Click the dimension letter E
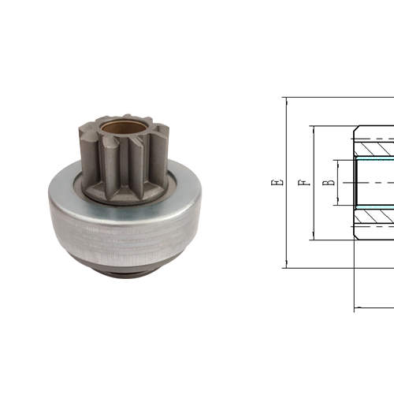pos(277,182)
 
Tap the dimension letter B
pos(329,182)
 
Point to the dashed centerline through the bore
pos(375,183)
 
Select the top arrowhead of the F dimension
pos(312,129)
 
